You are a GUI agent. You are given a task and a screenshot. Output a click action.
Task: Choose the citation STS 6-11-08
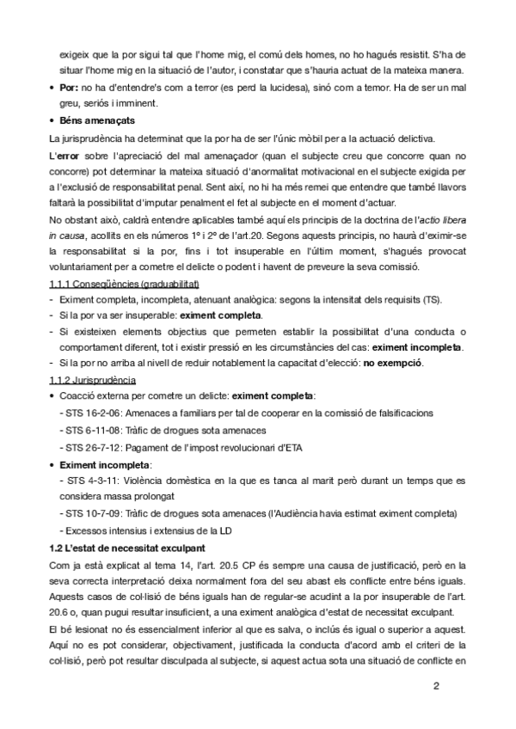[92, 430]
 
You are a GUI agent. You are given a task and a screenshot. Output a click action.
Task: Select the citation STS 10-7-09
[92, 514]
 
